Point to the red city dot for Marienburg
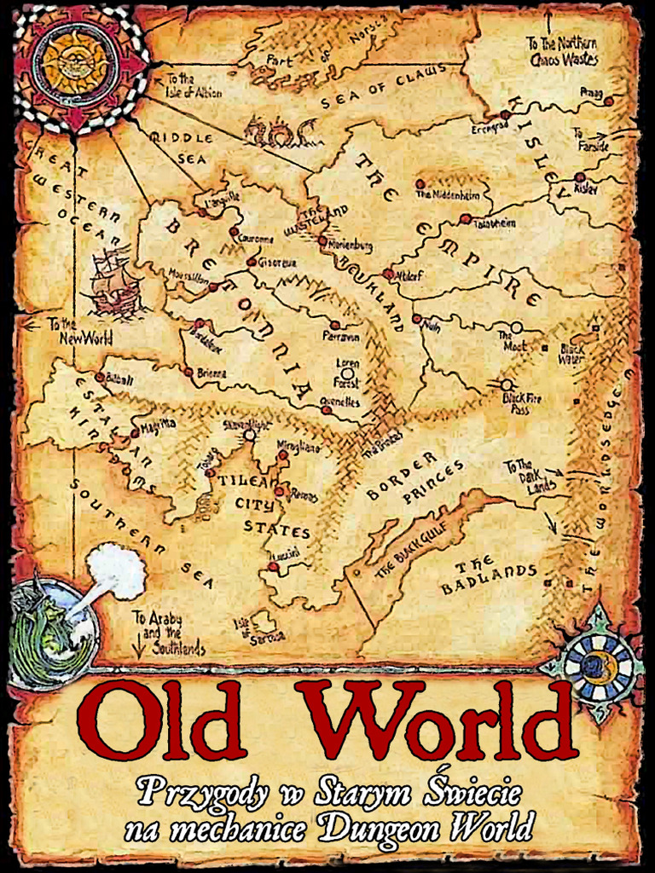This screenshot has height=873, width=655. click(322, 241)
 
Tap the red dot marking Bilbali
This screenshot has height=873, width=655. click(100, 377)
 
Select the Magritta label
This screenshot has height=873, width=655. click(159, 423)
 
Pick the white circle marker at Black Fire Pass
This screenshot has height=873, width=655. click(507, 384)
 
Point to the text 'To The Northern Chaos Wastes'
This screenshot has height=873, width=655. click(562, 51)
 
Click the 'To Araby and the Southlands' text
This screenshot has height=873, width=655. click(169, 633)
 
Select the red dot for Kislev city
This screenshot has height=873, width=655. click(580, 178)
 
